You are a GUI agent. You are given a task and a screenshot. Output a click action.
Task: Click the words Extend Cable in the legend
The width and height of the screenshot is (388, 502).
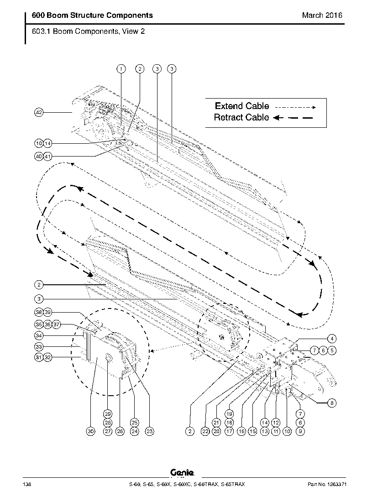click(242, 106)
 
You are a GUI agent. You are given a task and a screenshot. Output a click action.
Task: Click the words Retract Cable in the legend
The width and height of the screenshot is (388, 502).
click(241, 117)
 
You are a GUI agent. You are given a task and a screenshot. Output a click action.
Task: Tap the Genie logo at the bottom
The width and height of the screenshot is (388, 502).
click(183, 474)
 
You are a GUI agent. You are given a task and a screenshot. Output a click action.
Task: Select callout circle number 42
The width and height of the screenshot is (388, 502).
click(39, 112)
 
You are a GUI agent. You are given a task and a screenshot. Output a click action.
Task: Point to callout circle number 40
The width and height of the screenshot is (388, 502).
click(39, 156)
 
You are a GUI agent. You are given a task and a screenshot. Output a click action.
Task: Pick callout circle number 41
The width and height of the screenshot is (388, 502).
click(47, 156)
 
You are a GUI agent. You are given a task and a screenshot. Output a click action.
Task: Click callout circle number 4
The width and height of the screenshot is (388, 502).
click(332, 339)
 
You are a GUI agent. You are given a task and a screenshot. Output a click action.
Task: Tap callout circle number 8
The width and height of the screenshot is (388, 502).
click(332, 403)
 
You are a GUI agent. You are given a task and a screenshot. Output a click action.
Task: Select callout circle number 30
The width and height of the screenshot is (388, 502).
click(90, 430)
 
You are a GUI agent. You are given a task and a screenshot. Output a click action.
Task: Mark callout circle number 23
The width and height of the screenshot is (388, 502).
click(149, 430)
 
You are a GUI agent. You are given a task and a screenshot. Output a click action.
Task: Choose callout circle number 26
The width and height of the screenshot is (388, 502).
click(120, 430)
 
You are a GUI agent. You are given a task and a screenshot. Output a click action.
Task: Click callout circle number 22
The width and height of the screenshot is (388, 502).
click(205, 430)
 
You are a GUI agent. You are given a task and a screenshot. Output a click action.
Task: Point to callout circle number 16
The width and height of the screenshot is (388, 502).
click(241, 430)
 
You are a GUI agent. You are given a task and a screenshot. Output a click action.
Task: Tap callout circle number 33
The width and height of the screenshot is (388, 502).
click(39, 347)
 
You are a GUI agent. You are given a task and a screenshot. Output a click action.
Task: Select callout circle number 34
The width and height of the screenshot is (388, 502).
click(39, 335)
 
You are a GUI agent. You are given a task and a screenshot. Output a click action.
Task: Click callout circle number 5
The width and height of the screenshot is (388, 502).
click(332, 350)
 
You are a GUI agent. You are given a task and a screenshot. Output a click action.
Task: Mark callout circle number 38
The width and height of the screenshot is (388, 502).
click(39, 312)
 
